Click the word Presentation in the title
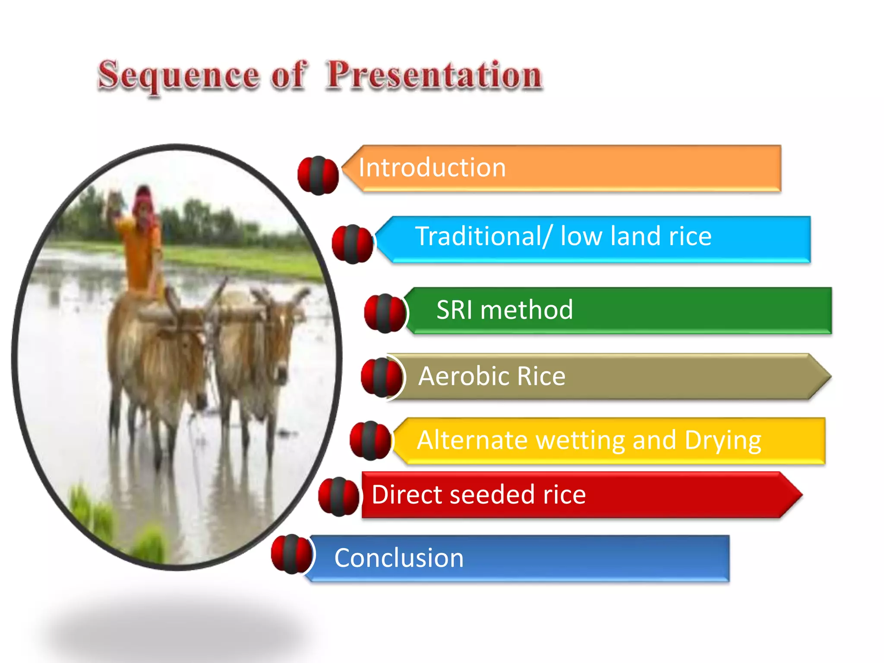434,76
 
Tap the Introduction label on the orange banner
432,167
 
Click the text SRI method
504,310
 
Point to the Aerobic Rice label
492,376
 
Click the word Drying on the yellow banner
723,441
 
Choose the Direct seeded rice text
478,495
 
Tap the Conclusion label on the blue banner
399,558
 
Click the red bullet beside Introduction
318,175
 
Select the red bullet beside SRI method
385,313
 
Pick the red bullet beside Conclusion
291,554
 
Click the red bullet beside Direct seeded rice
338,496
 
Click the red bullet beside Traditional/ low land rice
352,244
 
